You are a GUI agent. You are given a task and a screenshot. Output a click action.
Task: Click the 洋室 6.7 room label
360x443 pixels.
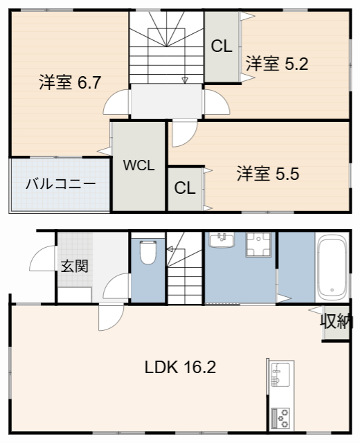tap(70, 82)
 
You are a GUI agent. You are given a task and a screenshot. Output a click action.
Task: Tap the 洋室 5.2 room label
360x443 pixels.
tap(276, 64)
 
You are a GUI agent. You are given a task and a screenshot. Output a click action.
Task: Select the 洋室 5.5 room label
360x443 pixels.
tap(267, 174)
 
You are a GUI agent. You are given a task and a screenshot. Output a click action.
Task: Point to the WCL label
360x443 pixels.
tap(138, 165)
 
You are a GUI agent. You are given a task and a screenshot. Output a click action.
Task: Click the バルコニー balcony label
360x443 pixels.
tap(60, 184)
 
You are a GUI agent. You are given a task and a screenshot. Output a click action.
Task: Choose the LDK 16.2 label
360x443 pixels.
tap(180, 367)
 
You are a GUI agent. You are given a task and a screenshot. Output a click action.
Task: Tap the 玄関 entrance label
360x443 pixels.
tap(74, 266)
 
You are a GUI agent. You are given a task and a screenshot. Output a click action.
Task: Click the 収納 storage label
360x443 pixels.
tap(336, 321)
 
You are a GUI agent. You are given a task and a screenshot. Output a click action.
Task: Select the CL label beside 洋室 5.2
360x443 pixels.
tap(222, 47)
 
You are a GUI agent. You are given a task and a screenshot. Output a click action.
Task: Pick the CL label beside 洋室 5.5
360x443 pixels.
tap(183, 188)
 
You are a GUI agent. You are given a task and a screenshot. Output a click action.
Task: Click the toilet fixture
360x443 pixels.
tap(147, 252)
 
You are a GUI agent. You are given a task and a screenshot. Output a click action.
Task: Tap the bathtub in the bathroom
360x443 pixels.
tap(332, 266)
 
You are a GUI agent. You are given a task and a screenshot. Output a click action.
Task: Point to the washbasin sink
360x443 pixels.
tap(222, 240)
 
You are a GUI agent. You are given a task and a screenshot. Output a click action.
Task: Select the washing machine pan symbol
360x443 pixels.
tap(261, 244)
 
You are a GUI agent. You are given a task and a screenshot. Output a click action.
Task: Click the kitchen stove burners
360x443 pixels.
tap(280, 417)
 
